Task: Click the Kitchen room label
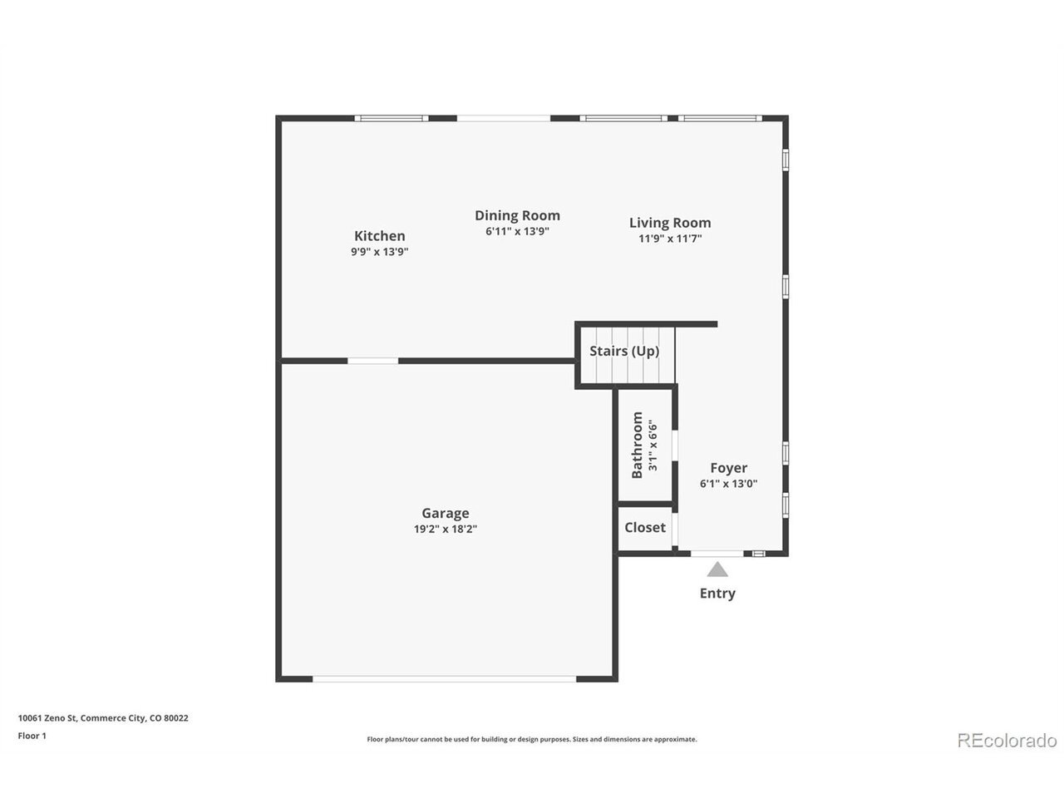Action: tap(379, 236)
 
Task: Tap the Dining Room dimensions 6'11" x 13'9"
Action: tap(517, 231)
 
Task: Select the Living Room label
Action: tap(670, 223)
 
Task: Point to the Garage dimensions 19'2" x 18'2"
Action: tap(445, 529)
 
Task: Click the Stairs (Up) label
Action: tap(624, 351)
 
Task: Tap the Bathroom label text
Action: tap(637, 445)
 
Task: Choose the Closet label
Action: tap(645, 527)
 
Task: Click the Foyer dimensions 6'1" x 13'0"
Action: tap(728, 483)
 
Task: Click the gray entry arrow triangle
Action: tap(717, 569)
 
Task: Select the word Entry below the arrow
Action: tap(717, 594)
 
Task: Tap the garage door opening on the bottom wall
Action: tap(444, 679)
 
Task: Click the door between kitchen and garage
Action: tap(372, 361)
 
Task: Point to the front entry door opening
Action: tap(717, 554)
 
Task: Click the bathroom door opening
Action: tap(674, 446)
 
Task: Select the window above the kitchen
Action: tap(392, 118)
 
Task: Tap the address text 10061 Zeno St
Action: tap(47, 718)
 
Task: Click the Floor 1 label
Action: tap(32, 736)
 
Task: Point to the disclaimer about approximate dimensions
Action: tap(532, 739)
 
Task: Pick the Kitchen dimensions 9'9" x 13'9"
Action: tap(380, 252)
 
